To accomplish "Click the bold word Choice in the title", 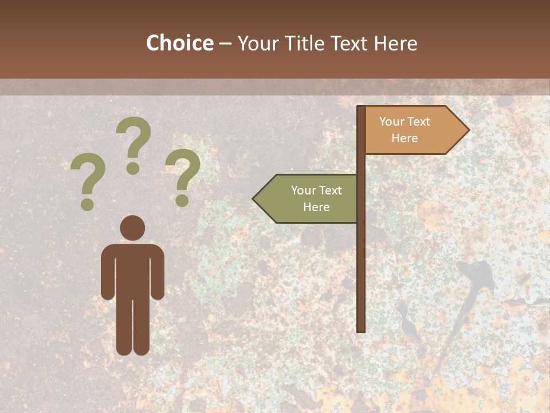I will (x=179, y=43).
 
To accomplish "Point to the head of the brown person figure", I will (x=132, y=228).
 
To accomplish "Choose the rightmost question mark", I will (x=183, y=177).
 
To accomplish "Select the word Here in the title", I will (x=395, y=43).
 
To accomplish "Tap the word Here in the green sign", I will (x=316, y=207).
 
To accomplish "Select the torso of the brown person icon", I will (x=132, y=270).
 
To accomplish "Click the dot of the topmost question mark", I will (x=133, y=168).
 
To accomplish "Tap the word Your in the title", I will (x=257, y=43).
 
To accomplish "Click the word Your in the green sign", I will (x=302, y=190).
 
